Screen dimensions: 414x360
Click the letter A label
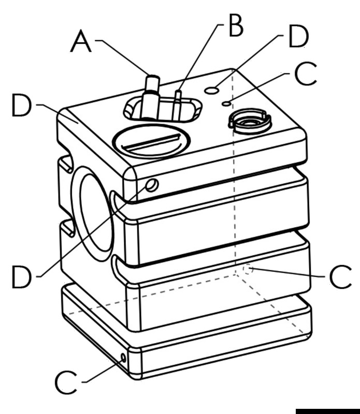(81, 41)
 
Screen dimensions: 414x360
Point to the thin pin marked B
(178, 101)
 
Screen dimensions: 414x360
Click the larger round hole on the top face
(211, 91)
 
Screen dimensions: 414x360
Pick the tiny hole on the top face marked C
(226, 103)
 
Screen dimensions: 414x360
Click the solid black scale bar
(327, 410)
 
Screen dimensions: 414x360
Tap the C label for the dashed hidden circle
(341, 278)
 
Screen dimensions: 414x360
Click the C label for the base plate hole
(67, 383)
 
